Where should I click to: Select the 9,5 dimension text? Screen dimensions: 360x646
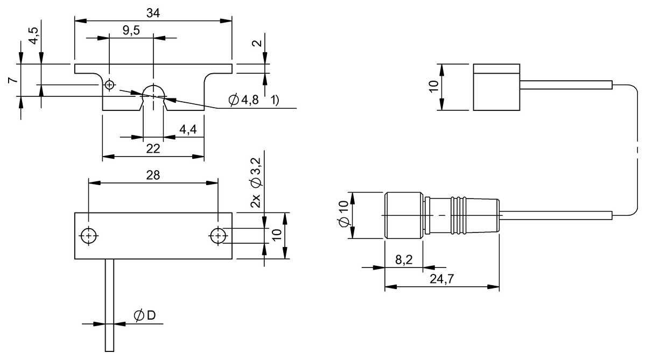click(131, 31)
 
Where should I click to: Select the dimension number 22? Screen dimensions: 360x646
click(153, 149)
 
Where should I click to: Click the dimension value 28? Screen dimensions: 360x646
click(153, 175)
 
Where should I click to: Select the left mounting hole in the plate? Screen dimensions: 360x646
click(87, 236)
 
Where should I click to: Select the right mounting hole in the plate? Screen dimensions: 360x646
click(217, 236)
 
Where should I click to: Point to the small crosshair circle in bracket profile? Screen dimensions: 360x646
click(110, 84)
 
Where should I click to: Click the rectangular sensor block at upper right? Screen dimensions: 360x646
click(496, 87)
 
